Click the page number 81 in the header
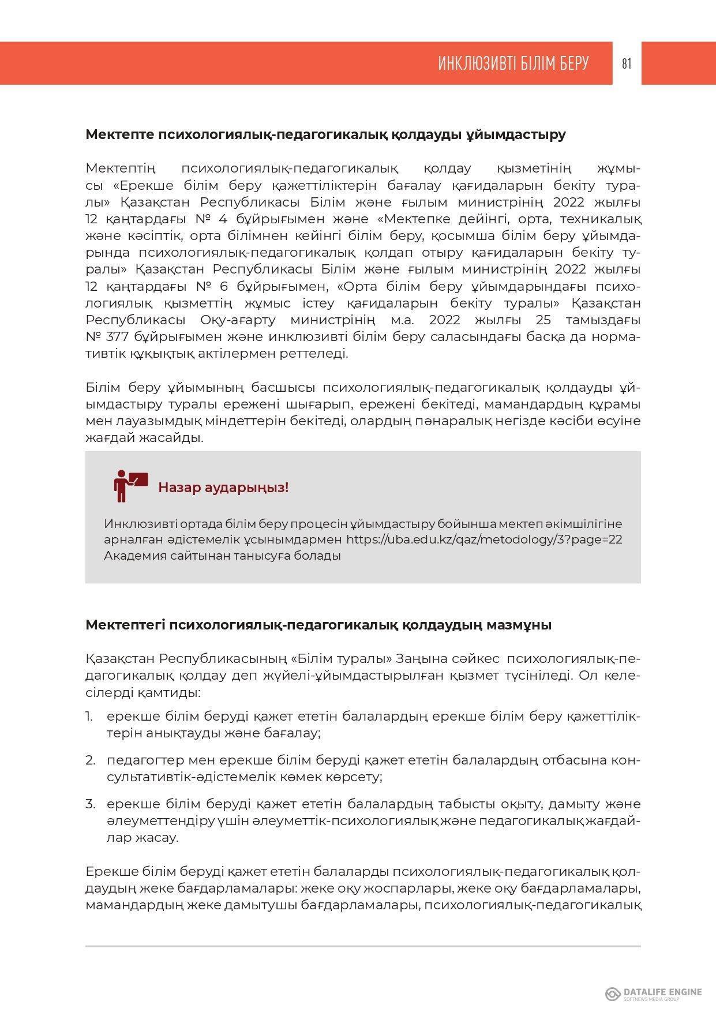click(627, 63)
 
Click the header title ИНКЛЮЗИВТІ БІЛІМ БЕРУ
click(513, 63)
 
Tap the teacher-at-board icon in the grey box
click(130, 486)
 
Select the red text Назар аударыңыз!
click(223, 488)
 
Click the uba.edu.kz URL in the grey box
click(484, 539)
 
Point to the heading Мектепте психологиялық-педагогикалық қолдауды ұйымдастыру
click(325, 134)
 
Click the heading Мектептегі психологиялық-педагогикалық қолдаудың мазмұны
click(318, 625)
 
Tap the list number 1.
click(89, 717)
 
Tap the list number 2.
click(90, 760)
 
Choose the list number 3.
click(90, 804)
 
